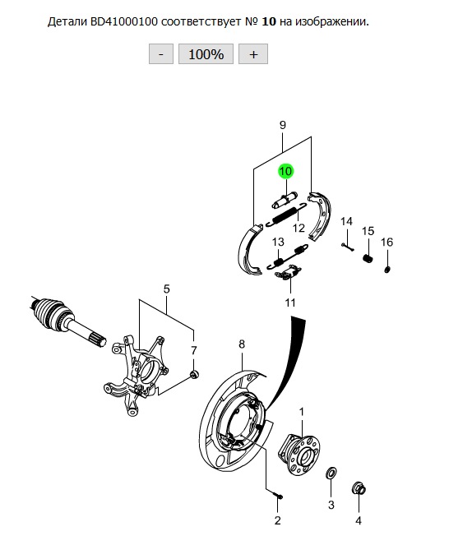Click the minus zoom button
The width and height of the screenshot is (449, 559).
161,54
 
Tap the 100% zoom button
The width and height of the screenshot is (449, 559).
206,54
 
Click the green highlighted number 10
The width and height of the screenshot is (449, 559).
285,172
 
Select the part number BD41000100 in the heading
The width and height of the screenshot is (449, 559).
123,21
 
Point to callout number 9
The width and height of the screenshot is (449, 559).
283,125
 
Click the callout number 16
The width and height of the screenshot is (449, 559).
387,243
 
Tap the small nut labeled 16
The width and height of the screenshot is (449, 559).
387,269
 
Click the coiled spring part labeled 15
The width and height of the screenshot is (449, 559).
368,258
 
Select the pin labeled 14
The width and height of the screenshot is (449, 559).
347,247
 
